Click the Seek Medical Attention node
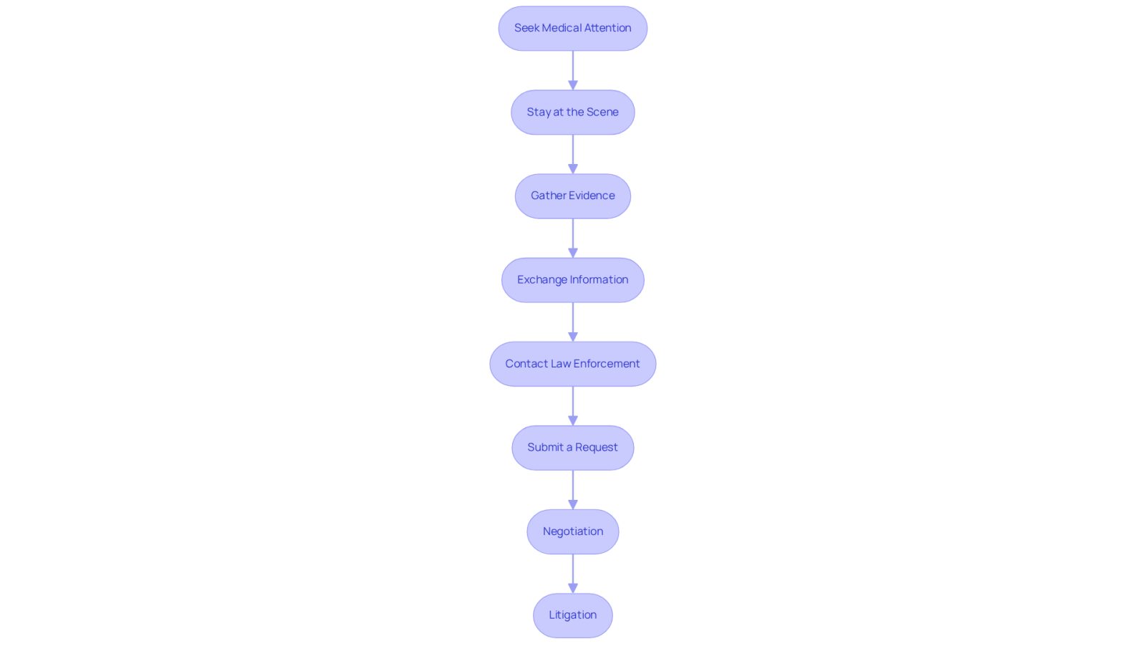[572, 28]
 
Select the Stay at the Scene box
[572, 112]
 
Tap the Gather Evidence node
[572, 196]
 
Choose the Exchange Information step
[572, 280]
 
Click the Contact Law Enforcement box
[572, 364]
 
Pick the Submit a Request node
[572, 448]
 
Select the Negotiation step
[572, 531]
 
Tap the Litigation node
[572, 615]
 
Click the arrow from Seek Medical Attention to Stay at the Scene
[573, 71]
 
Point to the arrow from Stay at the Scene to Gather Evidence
[573, 155]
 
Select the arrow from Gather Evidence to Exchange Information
[573, 238]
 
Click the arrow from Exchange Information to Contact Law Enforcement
[573, 322]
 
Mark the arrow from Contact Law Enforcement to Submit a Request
[573, 406]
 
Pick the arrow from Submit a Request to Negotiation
[573, 490]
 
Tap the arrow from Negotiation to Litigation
[573, 574]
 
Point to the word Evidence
[594, 196]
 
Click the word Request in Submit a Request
[597, 448]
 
